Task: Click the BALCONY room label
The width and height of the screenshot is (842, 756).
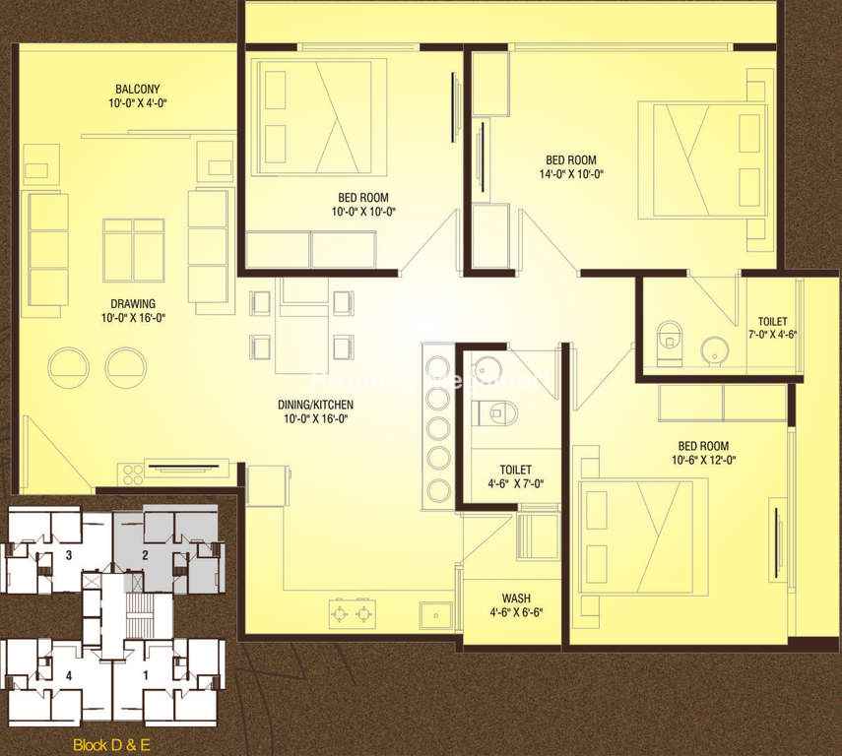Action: (x=138, y=90)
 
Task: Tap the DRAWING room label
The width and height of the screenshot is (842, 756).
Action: (x=133, y=303)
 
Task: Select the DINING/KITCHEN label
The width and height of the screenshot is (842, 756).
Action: (x=316, y=405)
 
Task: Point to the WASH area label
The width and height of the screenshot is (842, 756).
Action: (x=516, y=598)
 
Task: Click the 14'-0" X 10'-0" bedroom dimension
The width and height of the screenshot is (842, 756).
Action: (x=571, y=174)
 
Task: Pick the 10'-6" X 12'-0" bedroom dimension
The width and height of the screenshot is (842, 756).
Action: (x=703, y=460)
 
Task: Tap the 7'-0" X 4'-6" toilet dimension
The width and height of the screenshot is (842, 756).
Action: (x=772, y=335)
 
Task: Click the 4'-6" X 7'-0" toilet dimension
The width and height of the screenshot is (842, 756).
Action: (x=516, y=483)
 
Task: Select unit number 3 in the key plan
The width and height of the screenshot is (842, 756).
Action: (x=69, y=554)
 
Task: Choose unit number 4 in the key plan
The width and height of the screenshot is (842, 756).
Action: (x=69, y=675)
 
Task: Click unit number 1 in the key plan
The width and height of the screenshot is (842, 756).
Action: (x=145, y=675)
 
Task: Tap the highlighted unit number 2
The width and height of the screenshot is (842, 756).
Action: (x=145, y=554)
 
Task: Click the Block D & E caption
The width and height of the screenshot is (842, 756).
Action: (x=111, y=745)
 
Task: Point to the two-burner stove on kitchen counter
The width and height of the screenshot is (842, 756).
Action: (x=353, y=612)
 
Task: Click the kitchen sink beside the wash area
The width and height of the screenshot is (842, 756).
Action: (x=437, y=615)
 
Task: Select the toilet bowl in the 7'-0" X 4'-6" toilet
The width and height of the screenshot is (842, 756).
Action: (x=669, y=342)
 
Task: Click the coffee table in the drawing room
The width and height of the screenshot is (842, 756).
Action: (x=134, y=250)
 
